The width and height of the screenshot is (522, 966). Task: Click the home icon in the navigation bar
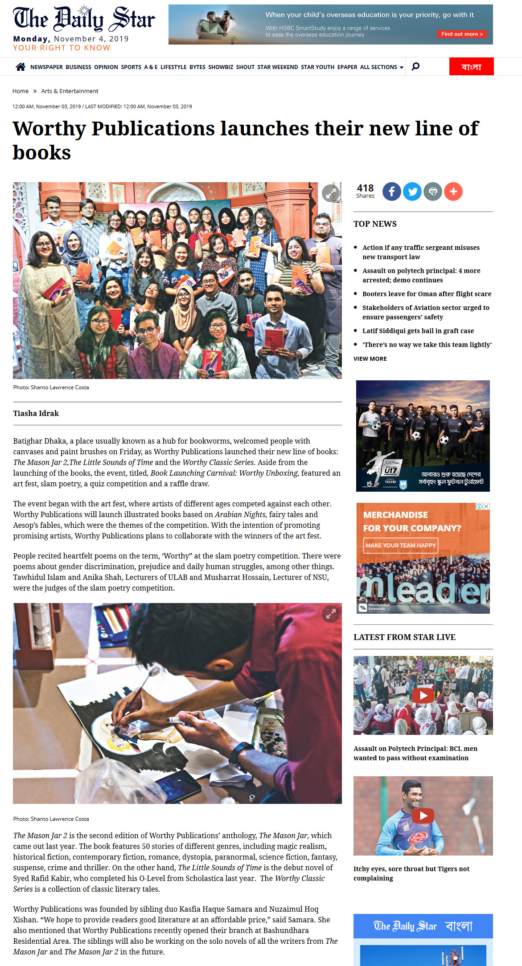click(x=21, y=67)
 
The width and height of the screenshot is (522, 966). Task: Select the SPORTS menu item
click(x=131, y=67)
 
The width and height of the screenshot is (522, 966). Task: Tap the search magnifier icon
click(x=415, y=66)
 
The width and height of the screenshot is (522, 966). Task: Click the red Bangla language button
click(x=471, y=67)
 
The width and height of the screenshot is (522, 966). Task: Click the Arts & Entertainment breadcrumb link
click(x=70, y=91)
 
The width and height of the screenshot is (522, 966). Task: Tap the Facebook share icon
click(x=391, y=192)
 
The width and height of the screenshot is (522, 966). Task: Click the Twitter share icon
click(x=412, y=192)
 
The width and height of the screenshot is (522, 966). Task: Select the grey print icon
click(x=433, y=192)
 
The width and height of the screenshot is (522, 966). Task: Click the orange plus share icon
click(x=453, y=192)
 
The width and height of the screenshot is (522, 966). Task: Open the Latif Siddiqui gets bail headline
click(x=418, y=331)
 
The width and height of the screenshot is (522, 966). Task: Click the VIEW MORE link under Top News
click(x=370, y=359)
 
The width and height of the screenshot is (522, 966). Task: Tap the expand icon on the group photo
click(x=331, y=193)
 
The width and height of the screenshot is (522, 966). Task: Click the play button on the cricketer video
click(x=423, y=815)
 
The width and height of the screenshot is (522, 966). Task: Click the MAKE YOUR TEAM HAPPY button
click(x=400, y=545)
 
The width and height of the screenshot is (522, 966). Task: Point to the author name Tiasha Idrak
click(x=36, y=413)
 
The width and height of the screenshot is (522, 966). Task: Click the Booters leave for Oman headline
click(x=427, y=294)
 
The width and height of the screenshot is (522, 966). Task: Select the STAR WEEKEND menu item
click(x=278, y=67)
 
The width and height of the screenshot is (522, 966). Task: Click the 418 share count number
click(x=365, y=188)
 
